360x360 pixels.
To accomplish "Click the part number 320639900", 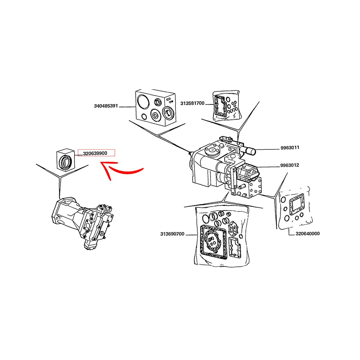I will [95, 153].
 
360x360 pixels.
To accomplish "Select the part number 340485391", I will [106, 107].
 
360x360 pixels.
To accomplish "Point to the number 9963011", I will [290, 148].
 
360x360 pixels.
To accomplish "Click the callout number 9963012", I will [290, 166].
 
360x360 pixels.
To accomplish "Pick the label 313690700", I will [172, 234].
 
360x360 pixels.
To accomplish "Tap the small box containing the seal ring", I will [65, 159].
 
